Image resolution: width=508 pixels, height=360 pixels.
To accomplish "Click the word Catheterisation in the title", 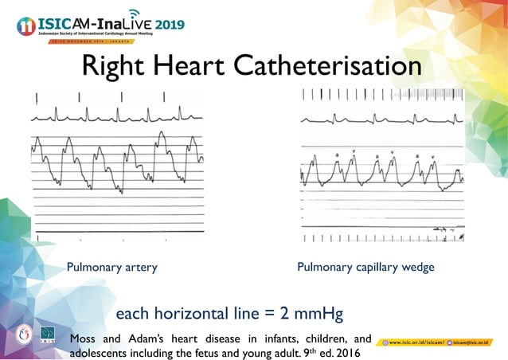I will (x=329, y=66).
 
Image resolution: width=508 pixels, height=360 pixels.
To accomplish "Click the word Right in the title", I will (x=115, y=66).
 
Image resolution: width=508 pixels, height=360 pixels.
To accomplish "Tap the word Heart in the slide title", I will (x=190, y=66).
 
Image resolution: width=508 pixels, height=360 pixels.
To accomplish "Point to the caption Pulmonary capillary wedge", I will (x=365, y=268).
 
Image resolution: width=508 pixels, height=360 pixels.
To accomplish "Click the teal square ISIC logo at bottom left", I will (x=48, y=334).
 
